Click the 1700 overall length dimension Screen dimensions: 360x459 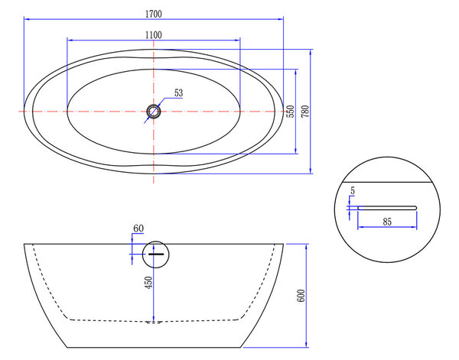point(153,13)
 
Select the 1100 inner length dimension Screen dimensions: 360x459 point(153,34)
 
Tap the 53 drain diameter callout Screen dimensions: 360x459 point(179,93)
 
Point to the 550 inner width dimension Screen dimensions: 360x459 point(290,112)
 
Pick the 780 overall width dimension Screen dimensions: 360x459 point(306,112)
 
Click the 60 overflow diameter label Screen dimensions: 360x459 point(138,229)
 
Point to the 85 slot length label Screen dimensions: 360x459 point(389,222)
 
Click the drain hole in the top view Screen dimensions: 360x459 point(154,112)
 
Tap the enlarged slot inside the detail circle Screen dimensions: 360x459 point(386,206)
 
